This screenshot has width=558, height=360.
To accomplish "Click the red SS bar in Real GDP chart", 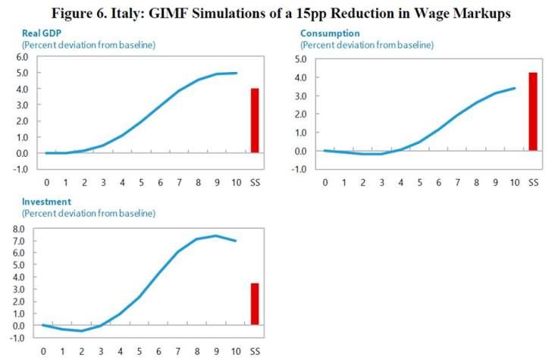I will pyautogui.click(x=255, y=121).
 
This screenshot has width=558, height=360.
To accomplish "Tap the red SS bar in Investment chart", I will pyautogui.click(x=255, y=305).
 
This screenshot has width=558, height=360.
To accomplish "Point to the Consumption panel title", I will pyautogui.click(x=330, y=33).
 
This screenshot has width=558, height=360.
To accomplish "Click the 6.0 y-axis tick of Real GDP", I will pyautogui.click(x=18, y=57).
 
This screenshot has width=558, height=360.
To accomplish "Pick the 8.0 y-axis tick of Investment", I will pyautogui.click(x=18, y=229).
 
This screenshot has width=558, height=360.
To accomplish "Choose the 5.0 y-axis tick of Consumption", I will pyautogui.click(x=298, y=59).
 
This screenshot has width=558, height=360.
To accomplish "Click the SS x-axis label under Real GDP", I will pyautogui.click(x=255, y=183).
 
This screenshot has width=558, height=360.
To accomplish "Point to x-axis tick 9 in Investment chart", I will pyautogui.click(x=216, y=351).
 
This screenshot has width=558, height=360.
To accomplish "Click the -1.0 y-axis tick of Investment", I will pyautogui.click(x=17, y=338).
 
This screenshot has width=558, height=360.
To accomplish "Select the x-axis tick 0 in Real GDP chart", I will pyautogui.click(x=46, y=183).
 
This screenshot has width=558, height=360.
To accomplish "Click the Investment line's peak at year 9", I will pyautogui.click(x=216, y=236).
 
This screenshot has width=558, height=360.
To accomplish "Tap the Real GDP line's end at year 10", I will pyautogui.click(x=236, y=73).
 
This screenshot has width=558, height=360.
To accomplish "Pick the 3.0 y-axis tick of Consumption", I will pyautogui.click(x=298, y=95).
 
